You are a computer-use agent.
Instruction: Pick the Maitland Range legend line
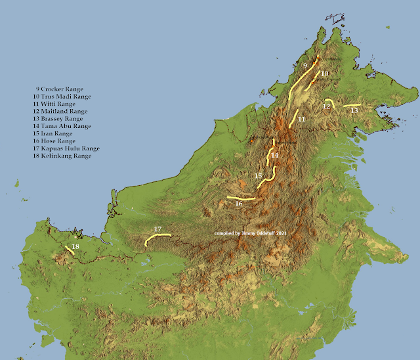(64, 112)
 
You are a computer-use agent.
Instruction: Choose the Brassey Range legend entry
(62, 119)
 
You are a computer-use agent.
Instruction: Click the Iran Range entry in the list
(58, 133)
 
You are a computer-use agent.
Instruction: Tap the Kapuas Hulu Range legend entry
(70, 148)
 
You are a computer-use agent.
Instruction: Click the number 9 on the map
(304, 66)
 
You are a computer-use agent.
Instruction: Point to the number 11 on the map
(301, 120)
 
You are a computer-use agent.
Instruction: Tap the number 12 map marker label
(327, 106)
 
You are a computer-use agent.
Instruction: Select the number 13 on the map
(354, 111)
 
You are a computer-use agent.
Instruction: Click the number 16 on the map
(238, 204)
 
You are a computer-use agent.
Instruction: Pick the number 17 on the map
(157, 229)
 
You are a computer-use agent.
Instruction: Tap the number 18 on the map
(75, 246)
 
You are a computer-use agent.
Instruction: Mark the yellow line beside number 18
(70, 250)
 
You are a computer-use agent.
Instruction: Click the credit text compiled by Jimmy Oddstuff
(251, 234)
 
